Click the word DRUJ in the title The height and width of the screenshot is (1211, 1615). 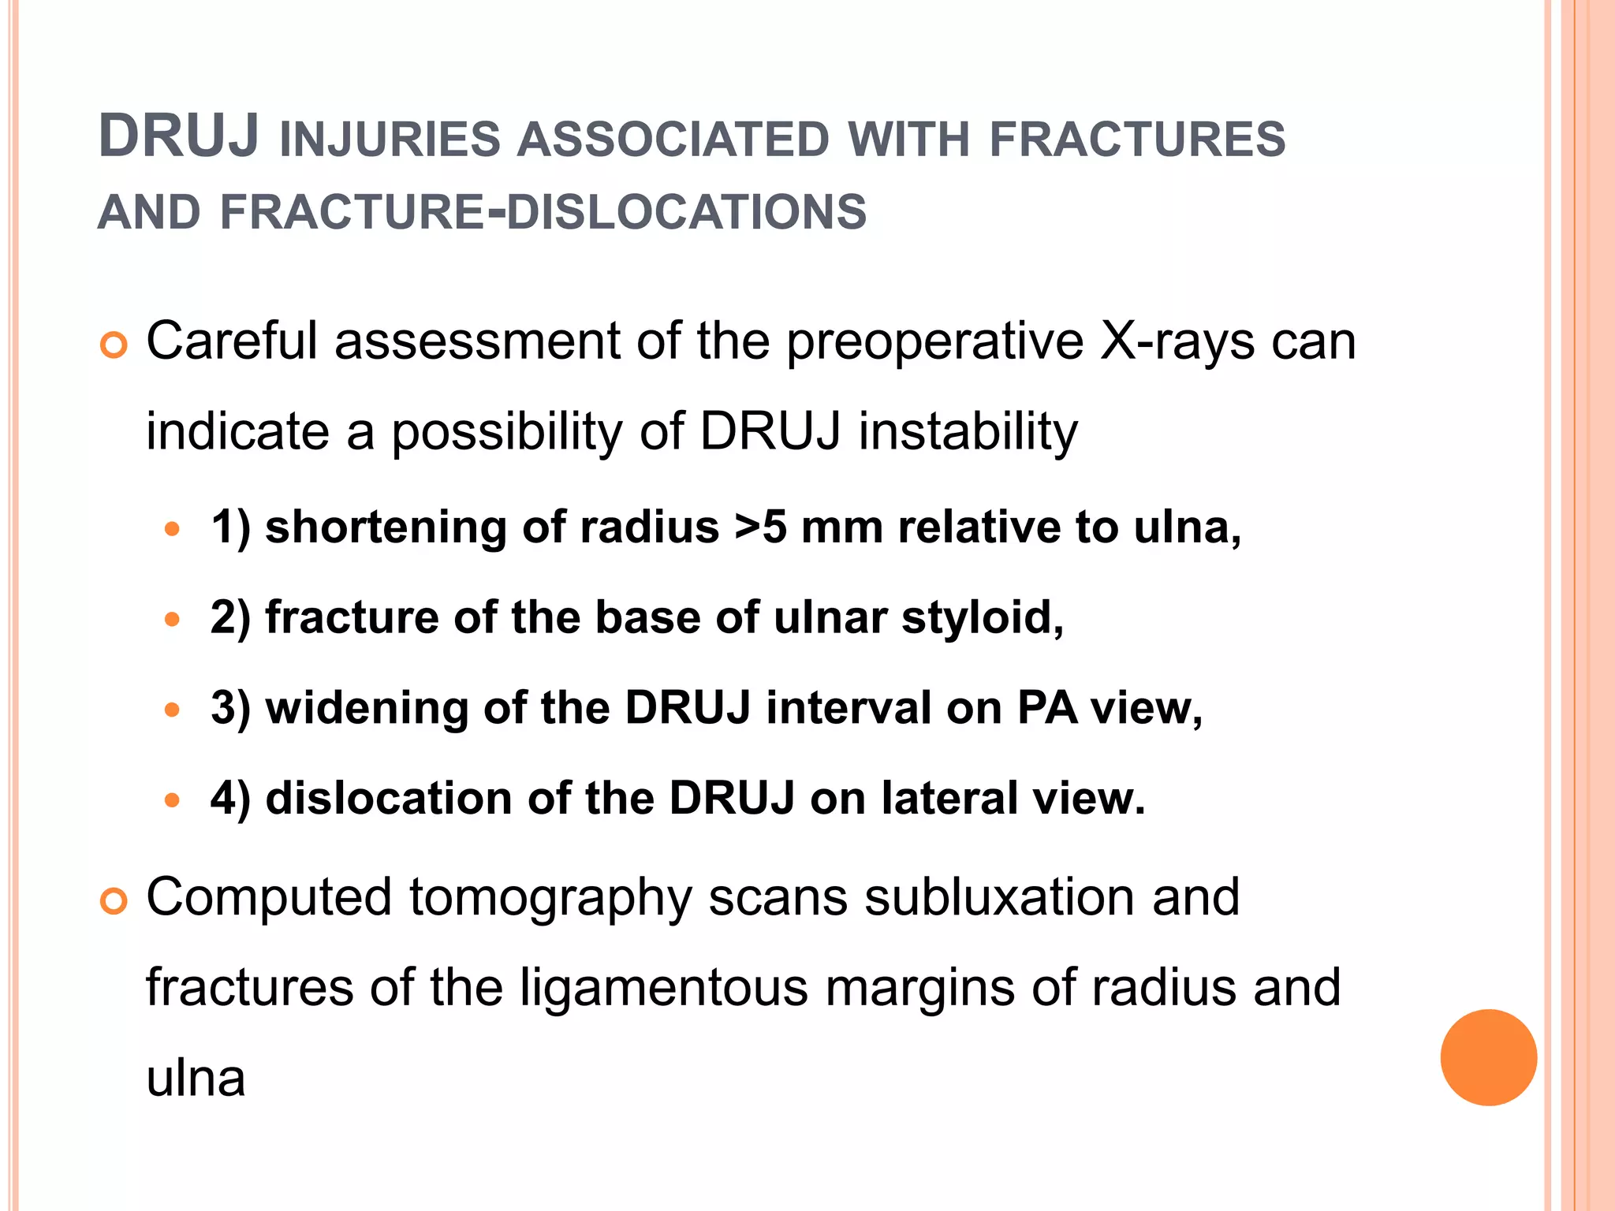[179, 137]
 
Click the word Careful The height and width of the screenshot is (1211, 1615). [232, 341]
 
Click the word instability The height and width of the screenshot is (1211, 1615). [968, 431]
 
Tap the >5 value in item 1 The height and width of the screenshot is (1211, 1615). [760, 527]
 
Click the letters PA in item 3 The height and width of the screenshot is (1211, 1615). [1046, 707]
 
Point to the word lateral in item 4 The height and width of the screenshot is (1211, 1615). [949, 798]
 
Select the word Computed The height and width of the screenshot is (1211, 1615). [269, 897]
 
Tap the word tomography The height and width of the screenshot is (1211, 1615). [550, 899]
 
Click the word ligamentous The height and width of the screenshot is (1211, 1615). [664, 987]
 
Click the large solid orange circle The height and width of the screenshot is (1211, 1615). [1488, 1057]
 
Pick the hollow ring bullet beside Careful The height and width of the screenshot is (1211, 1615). [114, 346]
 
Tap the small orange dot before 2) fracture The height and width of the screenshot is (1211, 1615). [172, 620]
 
